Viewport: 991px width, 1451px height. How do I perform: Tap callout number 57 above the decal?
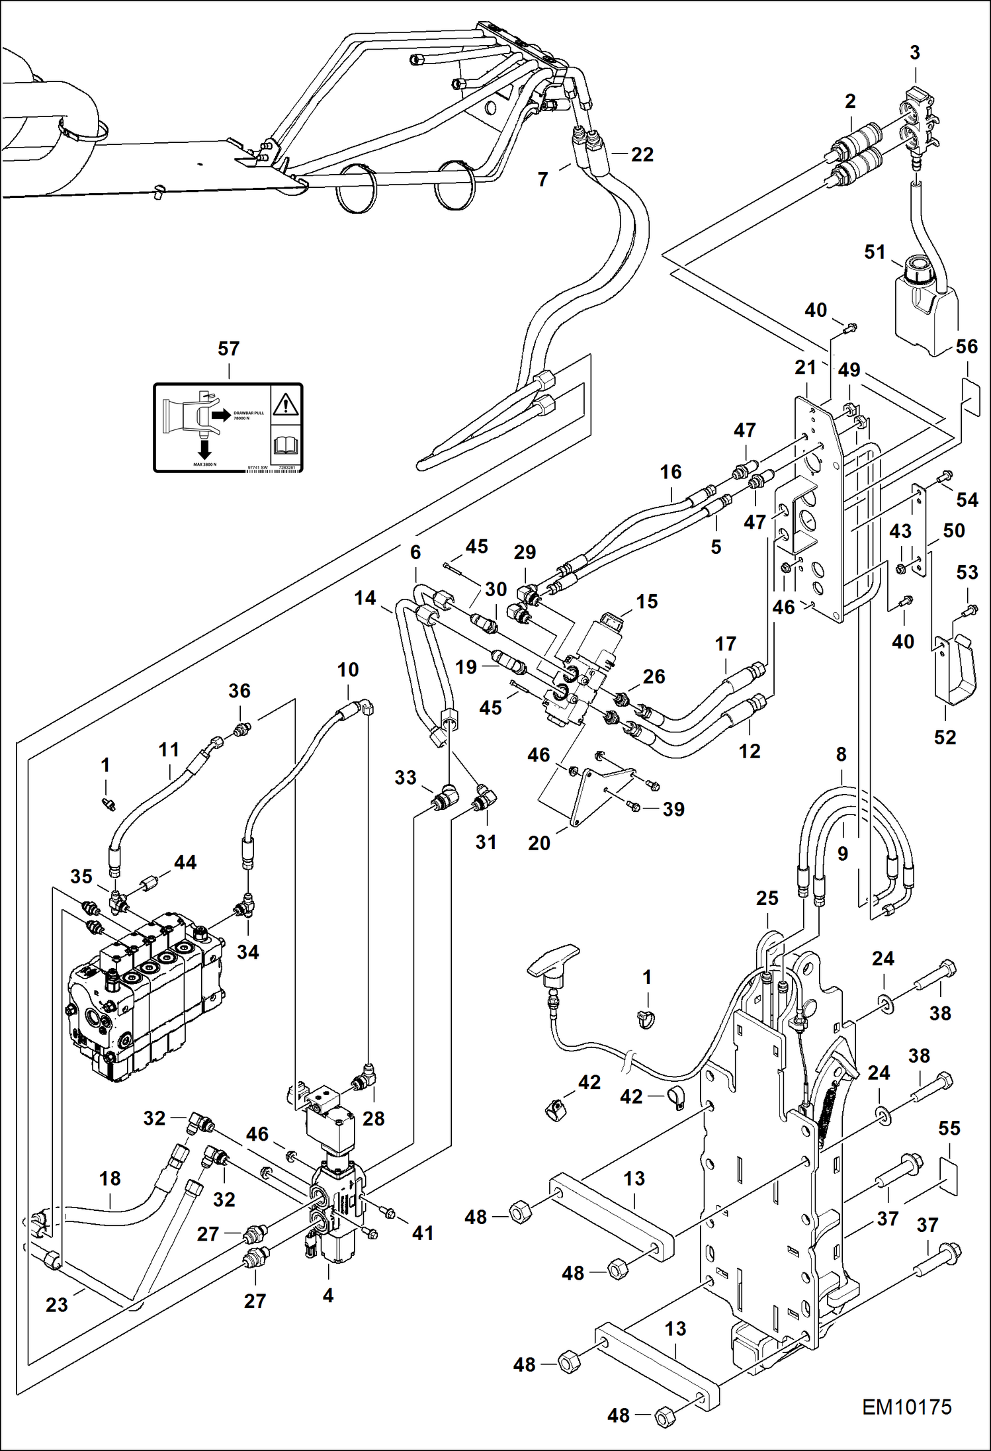click(x=228, y=349)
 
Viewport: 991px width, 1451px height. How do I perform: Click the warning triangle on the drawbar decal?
click(x=286, y=403)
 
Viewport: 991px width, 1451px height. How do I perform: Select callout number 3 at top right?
click(x=914, y=53)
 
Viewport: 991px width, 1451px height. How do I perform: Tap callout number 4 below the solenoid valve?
click(x=328, y=1295)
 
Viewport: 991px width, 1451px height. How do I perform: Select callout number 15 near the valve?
click(x=646, y=601)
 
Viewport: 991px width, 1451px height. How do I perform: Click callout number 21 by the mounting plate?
click(x=805, y=367)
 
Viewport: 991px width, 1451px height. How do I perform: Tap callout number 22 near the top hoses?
click(x=642, y=154)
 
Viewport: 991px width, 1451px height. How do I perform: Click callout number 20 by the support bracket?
click(x=539, y=843)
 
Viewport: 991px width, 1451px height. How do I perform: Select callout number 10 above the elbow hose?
click(x=348, y=670)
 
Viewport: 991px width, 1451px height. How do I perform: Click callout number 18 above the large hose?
click(x=110, y=1178)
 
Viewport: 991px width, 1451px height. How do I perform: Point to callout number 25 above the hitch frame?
click(x=767, y=899)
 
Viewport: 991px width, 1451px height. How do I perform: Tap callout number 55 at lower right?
click(x=949, y=1128)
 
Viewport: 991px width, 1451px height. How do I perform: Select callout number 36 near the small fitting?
click(x=239, y=691)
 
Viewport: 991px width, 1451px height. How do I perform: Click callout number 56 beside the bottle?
click(x=967, y=346)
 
